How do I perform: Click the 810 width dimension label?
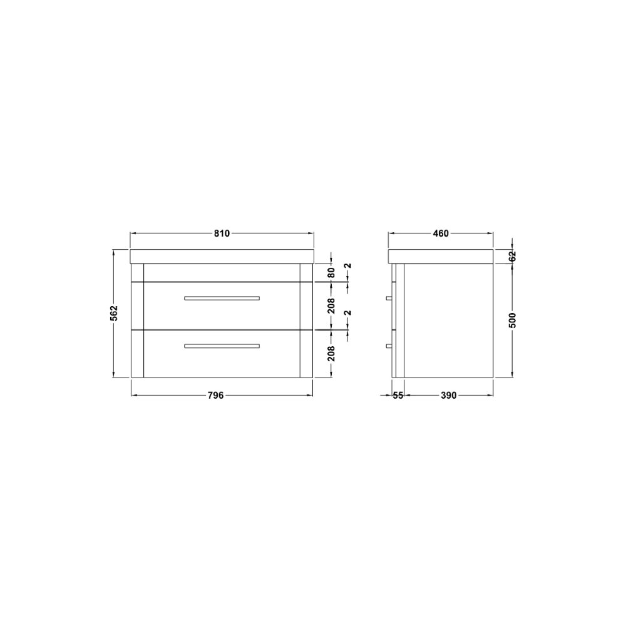click(222, 233)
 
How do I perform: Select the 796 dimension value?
click(215, 395)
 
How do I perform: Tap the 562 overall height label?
click(114, 313)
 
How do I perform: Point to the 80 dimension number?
click(331, 273)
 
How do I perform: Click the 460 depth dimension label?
click(441, 233)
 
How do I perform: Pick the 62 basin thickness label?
click(513, 256)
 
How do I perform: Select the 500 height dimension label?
click(513, 320)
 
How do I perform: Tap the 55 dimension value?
click(398, 395)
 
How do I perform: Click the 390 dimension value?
click(448, 395)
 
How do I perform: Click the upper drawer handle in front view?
click(222, 298)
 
